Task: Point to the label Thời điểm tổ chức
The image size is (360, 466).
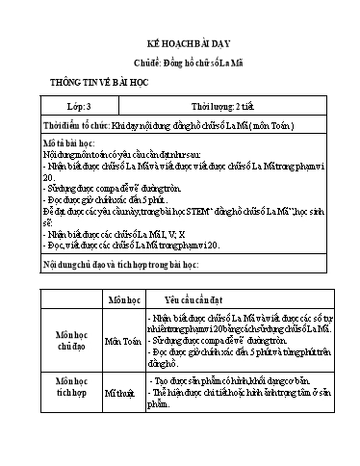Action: [x=75, y=126]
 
